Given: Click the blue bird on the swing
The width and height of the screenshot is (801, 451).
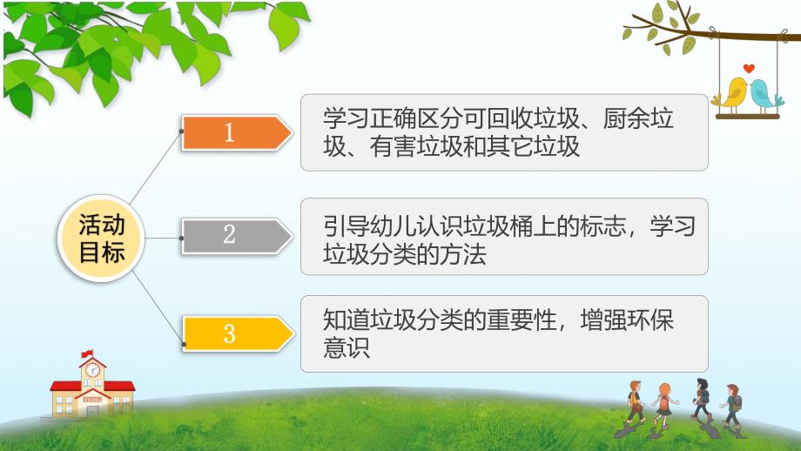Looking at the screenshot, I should [x=762, y=91].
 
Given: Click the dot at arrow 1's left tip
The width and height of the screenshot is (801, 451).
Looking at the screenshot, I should [x=181, y=132].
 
